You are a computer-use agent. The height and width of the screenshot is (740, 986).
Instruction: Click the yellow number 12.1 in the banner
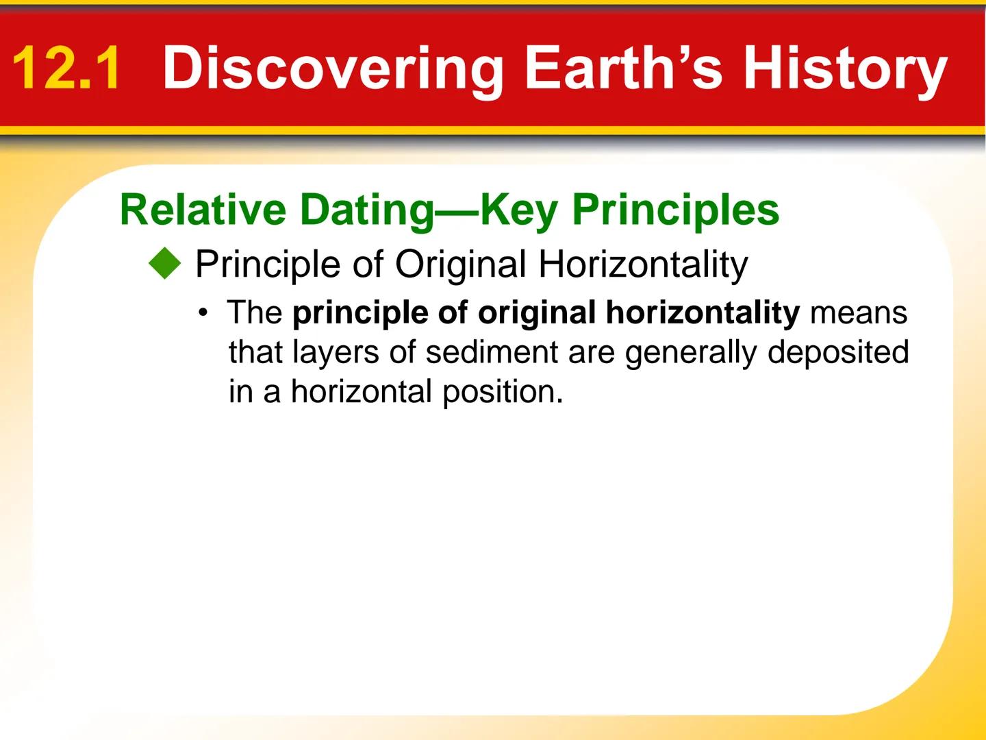point(66,68)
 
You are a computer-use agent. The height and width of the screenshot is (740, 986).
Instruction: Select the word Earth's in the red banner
point(622,68)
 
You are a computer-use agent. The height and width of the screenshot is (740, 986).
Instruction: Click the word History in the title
point(844,68)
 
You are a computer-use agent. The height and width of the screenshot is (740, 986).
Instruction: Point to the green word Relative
point(203,209)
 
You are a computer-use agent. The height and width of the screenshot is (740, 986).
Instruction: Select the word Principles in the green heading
point(675,209)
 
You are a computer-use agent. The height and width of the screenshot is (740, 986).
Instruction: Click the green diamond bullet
point(165,264)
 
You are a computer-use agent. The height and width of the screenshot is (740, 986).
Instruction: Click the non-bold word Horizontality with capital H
point(643,264)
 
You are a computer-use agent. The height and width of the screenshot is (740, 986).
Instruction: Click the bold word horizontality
point(702,313)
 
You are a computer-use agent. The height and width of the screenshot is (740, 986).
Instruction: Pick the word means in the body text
point(859,313)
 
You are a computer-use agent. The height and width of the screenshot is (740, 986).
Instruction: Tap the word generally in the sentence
point(691,352)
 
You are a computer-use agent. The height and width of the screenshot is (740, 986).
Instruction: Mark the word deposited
point(837,352)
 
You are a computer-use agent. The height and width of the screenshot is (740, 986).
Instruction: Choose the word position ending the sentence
point(501,392)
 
